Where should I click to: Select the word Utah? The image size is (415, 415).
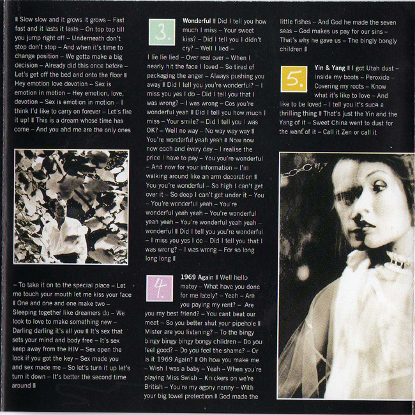click(x=365, y=68)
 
